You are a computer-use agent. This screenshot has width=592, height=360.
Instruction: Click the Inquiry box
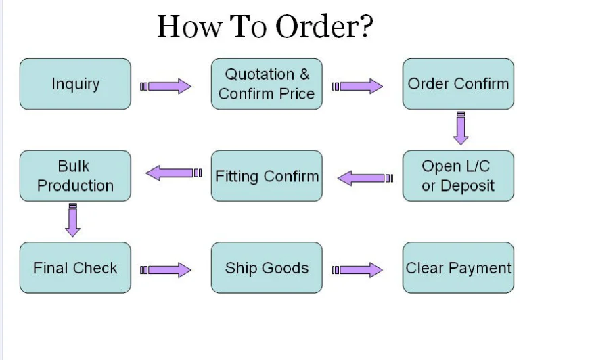click(76, 84)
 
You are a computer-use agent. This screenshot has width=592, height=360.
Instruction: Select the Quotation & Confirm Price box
click(267, 84)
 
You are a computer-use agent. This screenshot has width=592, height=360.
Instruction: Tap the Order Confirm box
click(458, 84)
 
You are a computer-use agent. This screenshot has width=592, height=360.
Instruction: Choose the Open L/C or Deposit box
click(458, 176)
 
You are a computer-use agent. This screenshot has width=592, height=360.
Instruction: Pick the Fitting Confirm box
click(267, 176)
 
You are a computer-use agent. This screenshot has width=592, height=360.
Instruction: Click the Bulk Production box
click(76, 176)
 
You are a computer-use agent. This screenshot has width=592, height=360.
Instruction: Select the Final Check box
click(76, 267)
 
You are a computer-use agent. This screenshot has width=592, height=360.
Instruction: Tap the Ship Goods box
click(267, 267)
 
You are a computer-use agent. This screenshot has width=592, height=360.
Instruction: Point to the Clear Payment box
click(458, 267)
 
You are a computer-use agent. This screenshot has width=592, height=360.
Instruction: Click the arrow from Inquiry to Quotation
click(166, 87)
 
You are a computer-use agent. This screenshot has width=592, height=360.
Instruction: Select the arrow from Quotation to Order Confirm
click(357, 87)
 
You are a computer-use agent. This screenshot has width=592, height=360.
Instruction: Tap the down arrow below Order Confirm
click(461, 129)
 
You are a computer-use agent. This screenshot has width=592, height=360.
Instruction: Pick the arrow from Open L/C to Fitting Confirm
click(365, 178)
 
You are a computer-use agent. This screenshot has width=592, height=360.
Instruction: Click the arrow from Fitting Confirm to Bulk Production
click(174, 173)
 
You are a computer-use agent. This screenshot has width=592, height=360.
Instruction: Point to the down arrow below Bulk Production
click(73, 220)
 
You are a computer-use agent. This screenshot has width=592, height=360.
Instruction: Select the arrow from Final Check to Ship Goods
click(166, 270)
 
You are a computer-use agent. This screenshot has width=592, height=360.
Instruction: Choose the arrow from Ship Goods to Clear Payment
click(357, 270)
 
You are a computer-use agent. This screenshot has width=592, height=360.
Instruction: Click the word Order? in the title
click(324, 26)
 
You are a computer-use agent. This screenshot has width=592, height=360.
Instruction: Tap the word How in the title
click(189, 26)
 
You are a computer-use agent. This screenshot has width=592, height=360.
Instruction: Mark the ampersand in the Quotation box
click(304, 74)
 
